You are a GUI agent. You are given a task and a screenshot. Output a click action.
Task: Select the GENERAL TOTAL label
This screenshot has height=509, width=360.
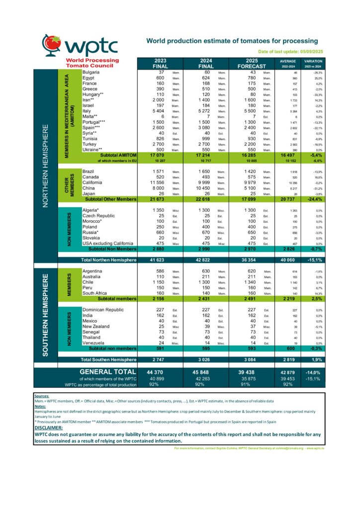(x=108, y=372)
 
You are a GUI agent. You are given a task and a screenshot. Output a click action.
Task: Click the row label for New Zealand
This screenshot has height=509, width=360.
(x=97, y=327)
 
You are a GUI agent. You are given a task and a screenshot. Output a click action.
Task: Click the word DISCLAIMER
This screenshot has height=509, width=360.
(x=48, y=427)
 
